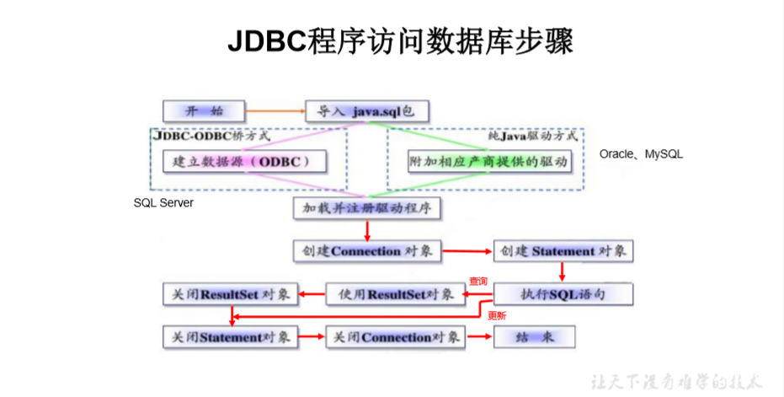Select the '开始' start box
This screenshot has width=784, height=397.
tap(204, 111)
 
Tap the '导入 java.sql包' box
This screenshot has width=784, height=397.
tap(366, 111)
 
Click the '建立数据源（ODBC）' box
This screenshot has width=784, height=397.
tap(243, 161)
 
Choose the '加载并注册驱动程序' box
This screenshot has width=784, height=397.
tap(366, 207)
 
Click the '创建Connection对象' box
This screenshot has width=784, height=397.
tap(366, 251)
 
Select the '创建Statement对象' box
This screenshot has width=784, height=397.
tap(563, 251)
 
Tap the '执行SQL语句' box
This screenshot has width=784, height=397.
tap(563, 294)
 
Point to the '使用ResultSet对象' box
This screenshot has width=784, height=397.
tap(390, 294)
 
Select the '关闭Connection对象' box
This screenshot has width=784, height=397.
tap(396, 337)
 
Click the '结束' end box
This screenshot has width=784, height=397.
tap(535, 337)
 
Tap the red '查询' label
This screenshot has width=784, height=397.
tap(477, 281)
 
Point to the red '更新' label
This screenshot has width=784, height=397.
tap(497, 315)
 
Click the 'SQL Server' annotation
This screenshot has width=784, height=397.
tap(163, 203)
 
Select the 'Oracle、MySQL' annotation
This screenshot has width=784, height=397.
tap(641, 154)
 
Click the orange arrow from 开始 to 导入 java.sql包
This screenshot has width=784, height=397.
tap(275, 110)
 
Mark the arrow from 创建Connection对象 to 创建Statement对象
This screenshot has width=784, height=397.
tap(467, 251)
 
